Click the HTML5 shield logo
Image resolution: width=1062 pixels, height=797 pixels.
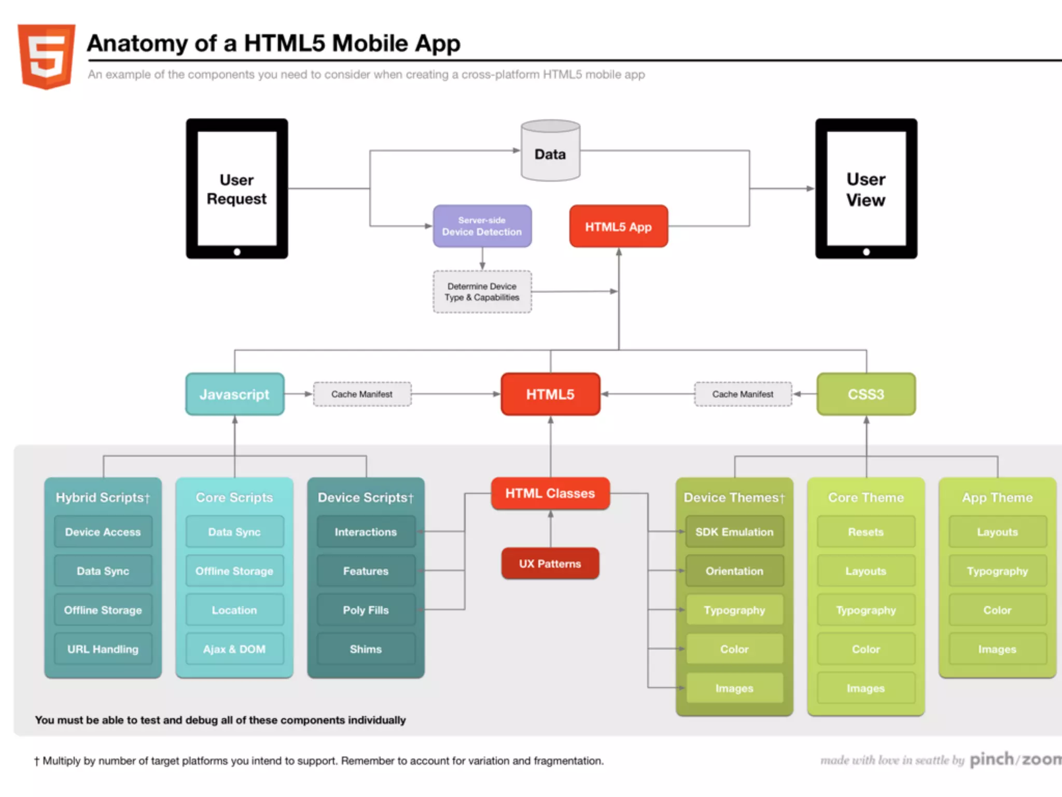(46, 56)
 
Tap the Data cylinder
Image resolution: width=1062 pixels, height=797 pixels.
(550, 154)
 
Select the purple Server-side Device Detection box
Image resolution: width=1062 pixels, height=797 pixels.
(482, 226)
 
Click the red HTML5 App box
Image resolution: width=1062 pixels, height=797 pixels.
(618, 227)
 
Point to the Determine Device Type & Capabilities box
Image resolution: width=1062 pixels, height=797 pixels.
(482, 292)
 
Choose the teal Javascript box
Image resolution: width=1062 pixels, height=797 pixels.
(234, 394)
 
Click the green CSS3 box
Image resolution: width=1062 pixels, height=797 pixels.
(865, 394)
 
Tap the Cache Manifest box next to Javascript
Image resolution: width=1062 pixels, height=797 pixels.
(362, 394)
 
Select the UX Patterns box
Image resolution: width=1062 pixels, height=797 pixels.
(550, 564)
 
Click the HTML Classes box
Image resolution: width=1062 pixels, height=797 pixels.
(550, 493)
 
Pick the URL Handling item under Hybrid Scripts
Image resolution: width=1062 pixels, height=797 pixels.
(103, 649)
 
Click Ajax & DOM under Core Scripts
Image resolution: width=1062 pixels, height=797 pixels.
(234, 649)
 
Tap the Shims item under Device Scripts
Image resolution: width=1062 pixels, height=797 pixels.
(366, 649)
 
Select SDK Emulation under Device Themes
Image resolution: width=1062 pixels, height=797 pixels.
(734, 532)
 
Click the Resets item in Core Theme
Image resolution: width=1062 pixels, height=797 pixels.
(865, 532)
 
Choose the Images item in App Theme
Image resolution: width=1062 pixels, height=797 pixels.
(997, 649)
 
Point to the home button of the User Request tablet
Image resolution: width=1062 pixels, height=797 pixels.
(237, 252)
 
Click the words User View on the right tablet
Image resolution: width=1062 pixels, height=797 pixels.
(865, 189)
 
